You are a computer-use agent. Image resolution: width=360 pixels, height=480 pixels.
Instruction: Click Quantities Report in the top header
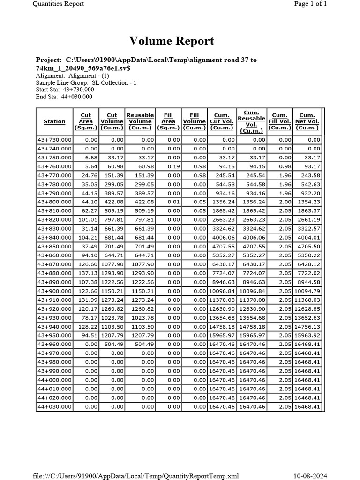[x=58, y=4]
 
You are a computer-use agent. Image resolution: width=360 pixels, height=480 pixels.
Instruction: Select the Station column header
[x=54, y=121]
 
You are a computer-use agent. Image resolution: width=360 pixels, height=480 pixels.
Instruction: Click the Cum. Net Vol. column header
[x=307, y=121]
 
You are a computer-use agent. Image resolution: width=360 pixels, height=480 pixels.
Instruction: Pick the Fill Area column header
[x=168, y=121]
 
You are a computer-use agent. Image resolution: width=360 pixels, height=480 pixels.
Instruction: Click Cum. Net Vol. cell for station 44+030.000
[x=307, y=407]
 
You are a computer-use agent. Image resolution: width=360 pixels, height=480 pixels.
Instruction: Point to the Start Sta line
[x=65, y=90]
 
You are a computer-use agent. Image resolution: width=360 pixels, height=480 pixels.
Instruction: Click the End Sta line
[x=64, y=97]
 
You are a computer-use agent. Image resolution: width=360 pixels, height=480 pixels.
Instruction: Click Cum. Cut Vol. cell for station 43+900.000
[x=221, y=291]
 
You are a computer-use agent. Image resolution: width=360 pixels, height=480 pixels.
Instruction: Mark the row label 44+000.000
[x=54, y=380]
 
